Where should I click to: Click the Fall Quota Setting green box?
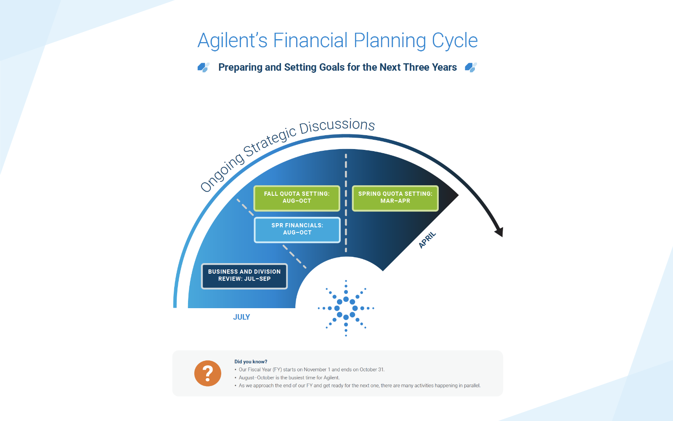pos(297,198)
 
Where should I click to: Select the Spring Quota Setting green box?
pos(395,198)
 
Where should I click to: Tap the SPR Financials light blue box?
pos(297,230)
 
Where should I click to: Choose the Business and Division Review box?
pos(244,276)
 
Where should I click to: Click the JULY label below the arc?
pos(241,317)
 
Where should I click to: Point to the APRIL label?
pos(427,240)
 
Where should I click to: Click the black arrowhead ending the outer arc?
pos(499,232)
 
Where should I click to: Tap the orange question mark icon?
pos(208,373)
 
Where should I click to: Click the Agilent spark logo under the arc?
pos(346,308)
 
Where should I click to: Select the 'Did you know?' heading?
pos(251,362)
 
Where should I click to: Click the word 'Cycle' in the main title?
pos(455,40)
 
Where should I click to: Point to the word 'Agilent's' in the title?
pos(232,40)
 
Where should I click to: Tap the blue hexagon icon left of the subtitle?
pos(204,67)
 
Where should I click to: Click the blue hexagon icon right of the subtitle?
pos(471,67)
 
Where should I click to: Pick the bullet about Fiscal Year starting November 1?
pos(310,369)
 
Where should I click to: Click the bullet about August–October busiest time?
pos(287,377)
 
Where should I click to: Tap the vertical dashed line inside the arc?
pos(346,203)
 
